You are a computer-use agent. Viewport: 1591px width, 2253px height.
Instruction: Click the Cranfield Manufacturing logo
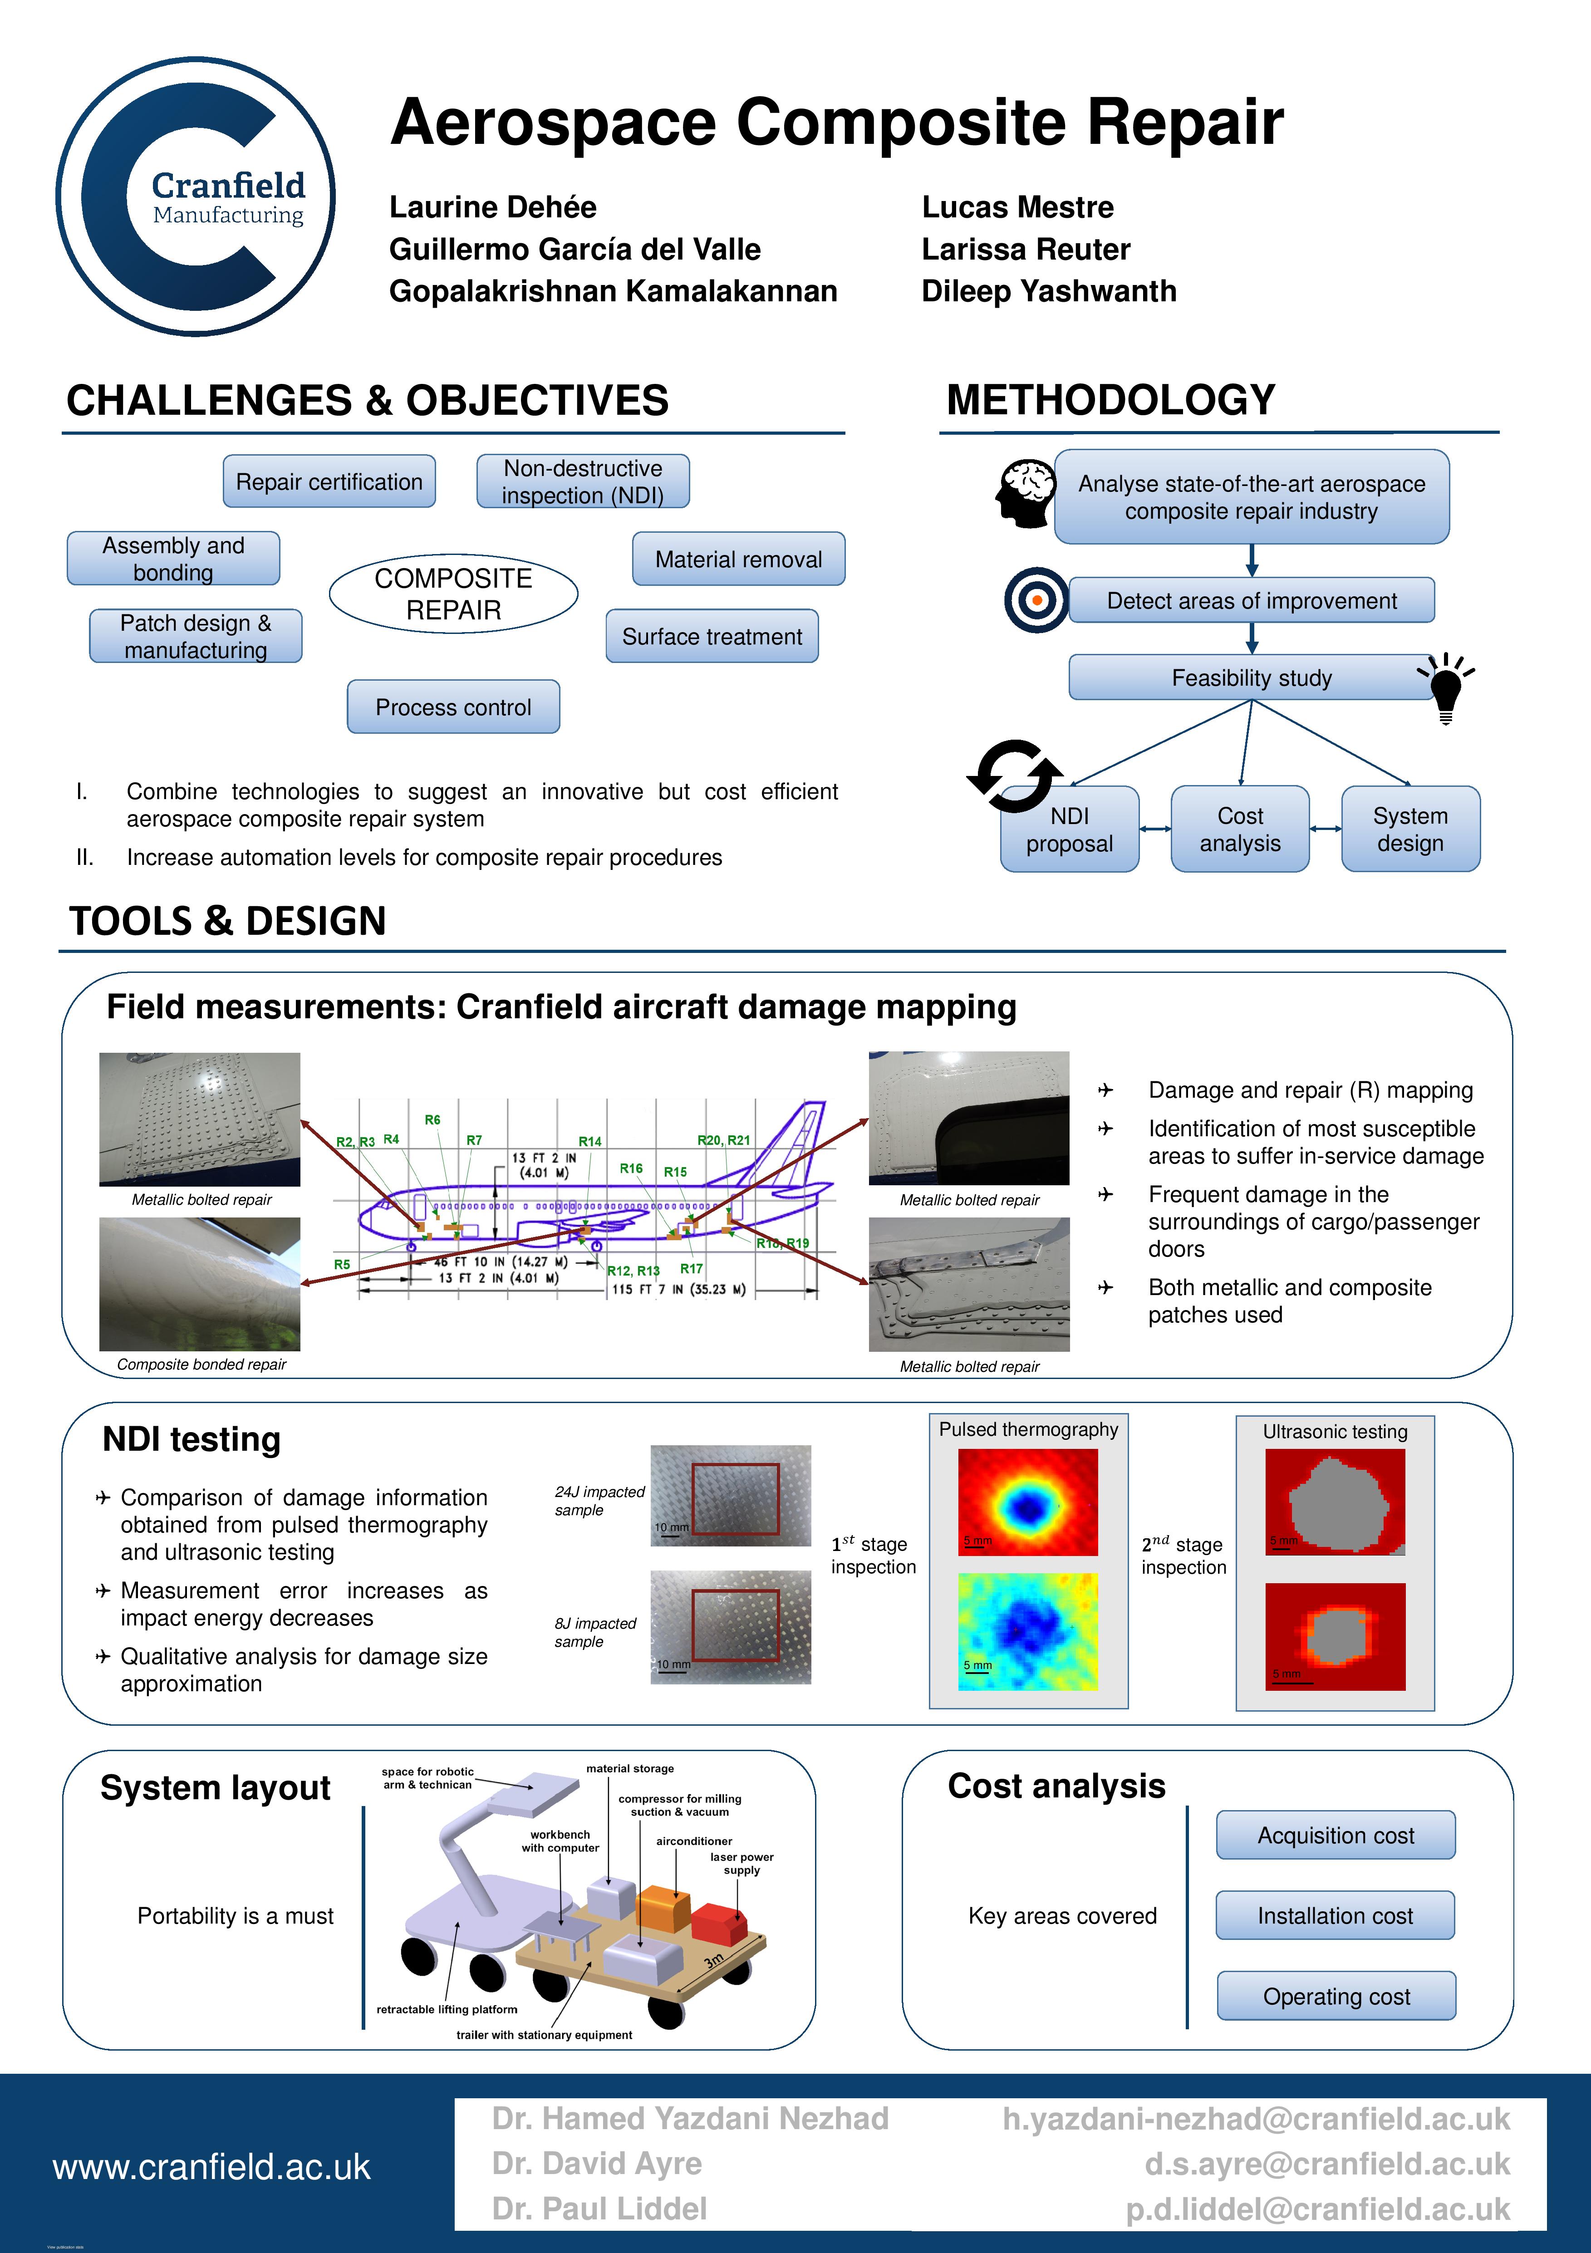point(196,196)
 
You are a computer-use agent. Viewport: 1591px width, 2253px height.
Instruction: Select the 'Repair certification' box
point(329,482)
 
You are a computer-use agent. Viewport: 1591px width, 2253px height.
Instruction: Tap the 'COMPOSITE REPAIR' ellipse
point(453,594)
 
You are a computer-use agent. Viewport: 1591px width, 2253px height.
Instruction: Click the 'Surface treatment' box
point(712,637)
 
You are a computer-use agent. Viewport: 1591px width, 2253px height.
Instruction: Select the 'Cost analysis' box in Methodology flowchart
point(1240,829)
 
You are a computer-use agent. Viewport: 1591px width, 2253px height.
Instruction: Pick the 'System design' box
point(1410,829)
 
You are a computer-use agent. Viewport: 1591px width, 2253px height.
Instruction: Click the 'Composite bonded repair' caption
point(201,1364)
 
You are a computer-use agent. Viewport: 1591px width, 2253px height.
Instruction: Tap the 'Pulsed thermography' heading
point(1029,1430)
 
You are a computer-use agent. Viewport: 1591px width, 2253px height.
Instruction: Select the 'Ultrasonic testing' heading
point(1335,1432)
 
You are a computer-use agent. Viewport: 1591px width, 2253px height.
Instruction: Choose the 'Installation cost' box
point(1335,1915)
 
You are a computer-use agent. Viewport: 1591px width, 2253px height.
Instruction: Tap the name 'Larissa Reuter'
point(1026,249)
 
